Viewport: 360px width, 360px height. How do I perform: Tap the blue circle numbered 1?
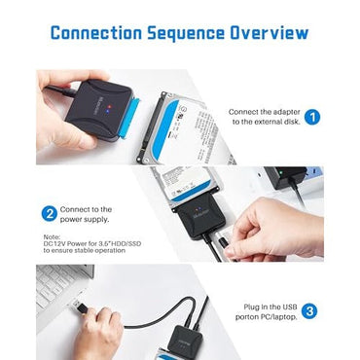coord(312,118)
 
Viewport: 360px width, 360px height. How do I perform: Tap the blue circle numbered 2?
coord(48,213)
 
